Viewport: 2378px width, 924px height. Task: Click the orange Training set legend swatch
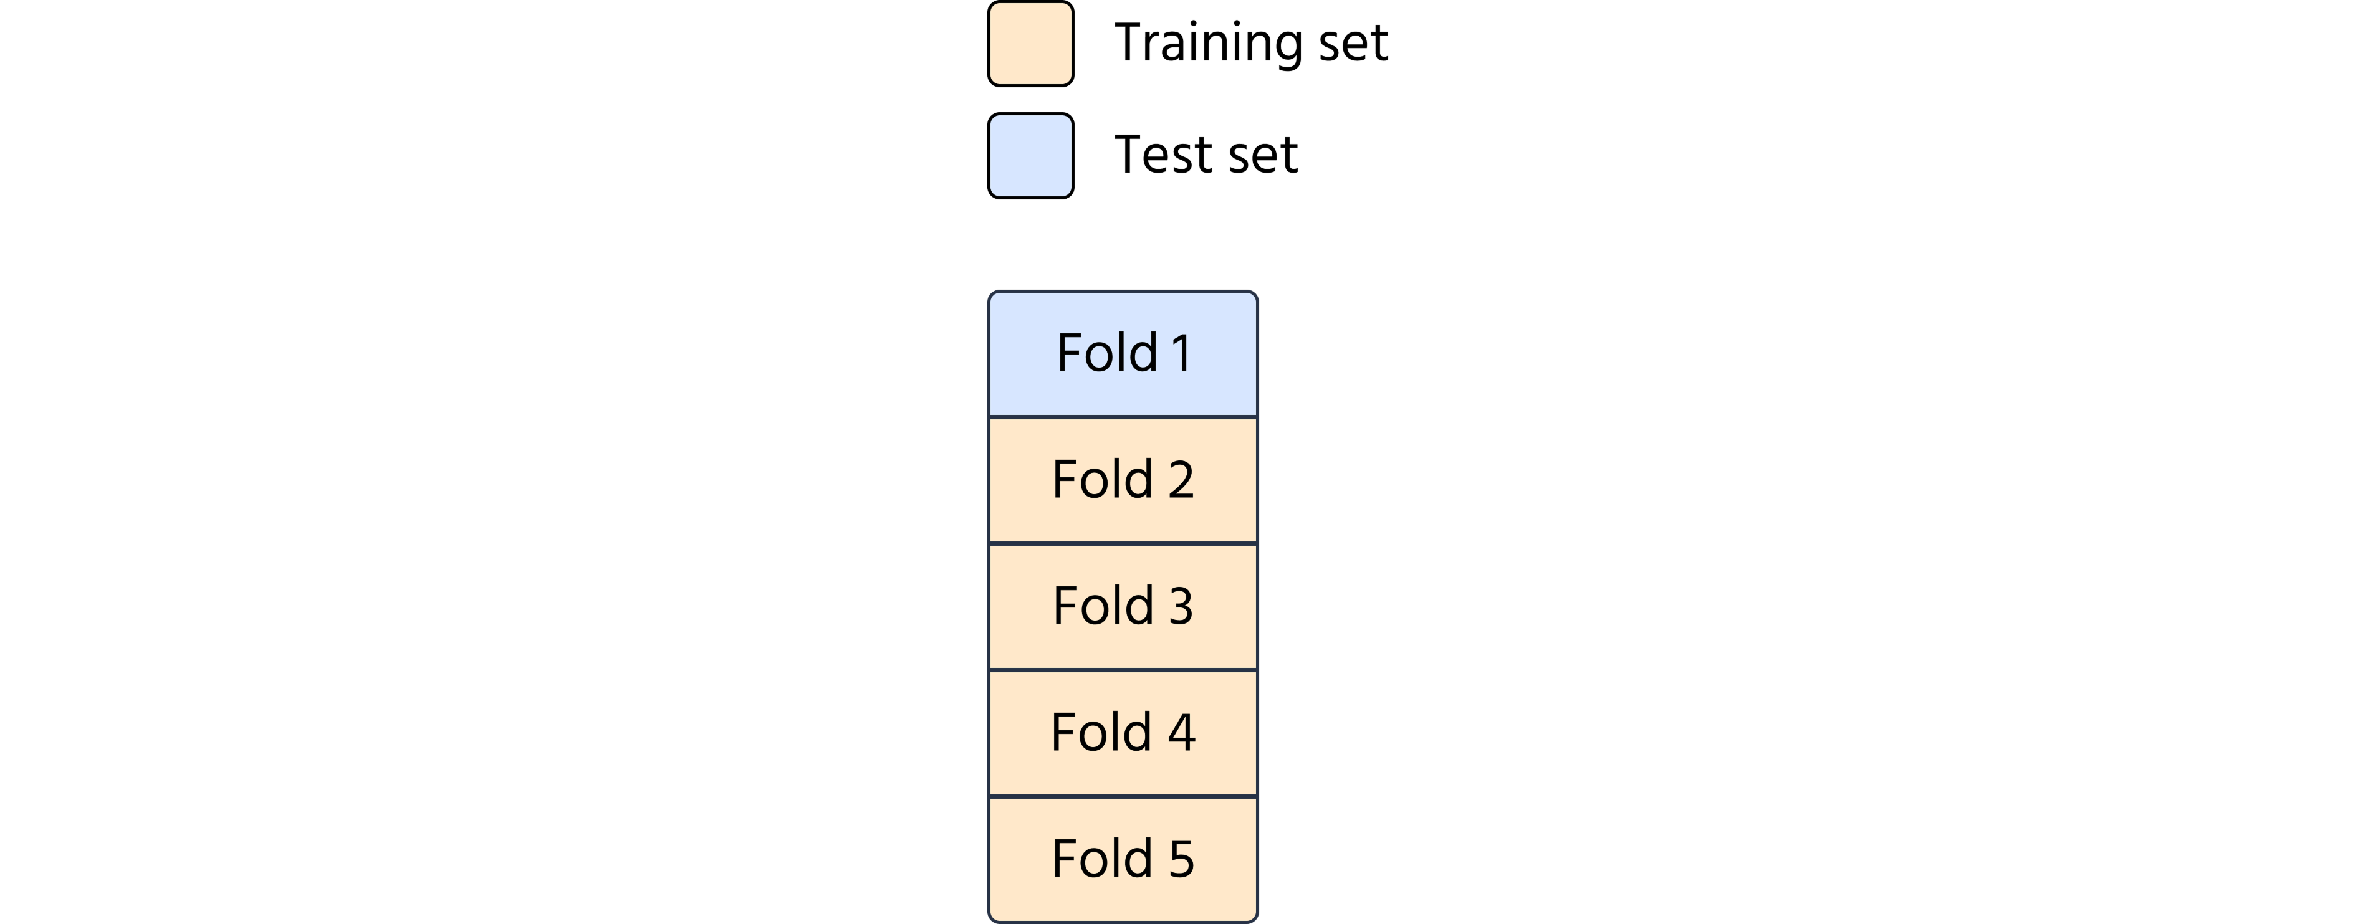pyautogui.click(x=1030, y=44)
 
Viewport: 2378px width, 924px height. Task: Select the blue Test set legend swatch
pyautogui.click(x=1030, y=156)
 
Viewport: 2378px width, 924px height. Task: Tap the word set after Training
pyautogui.click(x=1353, y=44)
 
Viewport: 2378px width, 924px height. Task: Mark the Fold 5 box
pyautogui.click(x=1123, y=859)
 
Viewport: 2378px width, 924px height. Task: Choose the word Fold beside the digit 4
pyautogui.click(x=1101, y=732)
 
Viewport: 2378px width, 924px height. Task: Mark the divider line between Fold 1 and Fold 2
pyautogui.click(x=1123, y=417)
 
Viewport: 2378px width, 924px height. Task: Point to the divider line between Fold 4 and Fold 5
pyautogui.click(x=1123, y=797)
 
